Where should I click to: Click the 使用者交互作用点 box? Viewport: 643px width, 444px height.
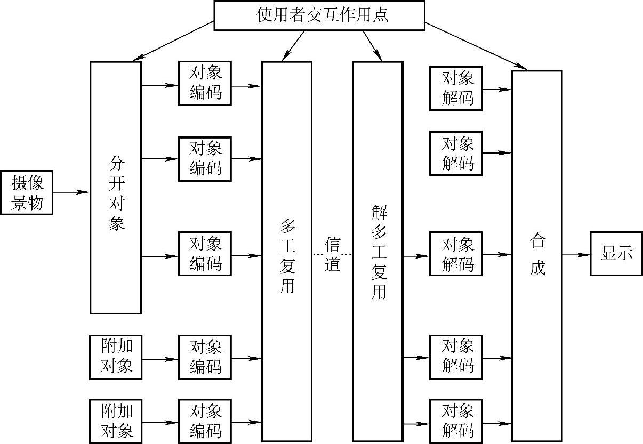tap(319, 15)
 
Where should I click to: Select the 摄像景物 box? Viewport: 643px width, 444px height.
tap(27, 192)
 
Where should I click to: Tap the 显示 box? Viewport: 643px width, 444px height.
tap(616, 254)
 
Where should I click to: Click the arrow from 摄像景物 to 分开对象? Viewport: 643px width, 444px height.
tap(71, 192)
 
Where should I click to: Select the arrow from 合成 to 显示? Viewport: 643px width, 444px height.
tap(576, 254)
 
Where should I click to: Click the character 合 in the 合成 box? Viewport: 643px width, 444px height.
tap(537, 241)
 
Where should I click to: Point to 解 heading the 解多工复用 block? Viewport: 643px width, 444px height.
tap(378, 213)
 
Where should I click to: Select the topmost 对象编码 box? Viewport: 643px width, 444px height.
tap(205, 83)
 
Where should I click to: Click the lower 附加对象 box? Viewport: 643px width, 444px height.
tap(116, 421)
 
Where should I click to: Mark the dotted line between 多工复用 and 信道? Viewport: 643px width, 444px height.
tap(318, 255)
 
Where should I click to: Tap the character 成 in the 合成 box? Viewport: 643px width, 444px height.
tap(537, 267)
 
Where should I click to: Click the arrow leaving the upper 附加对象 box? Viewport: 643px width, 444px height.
tap(160, 359)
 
